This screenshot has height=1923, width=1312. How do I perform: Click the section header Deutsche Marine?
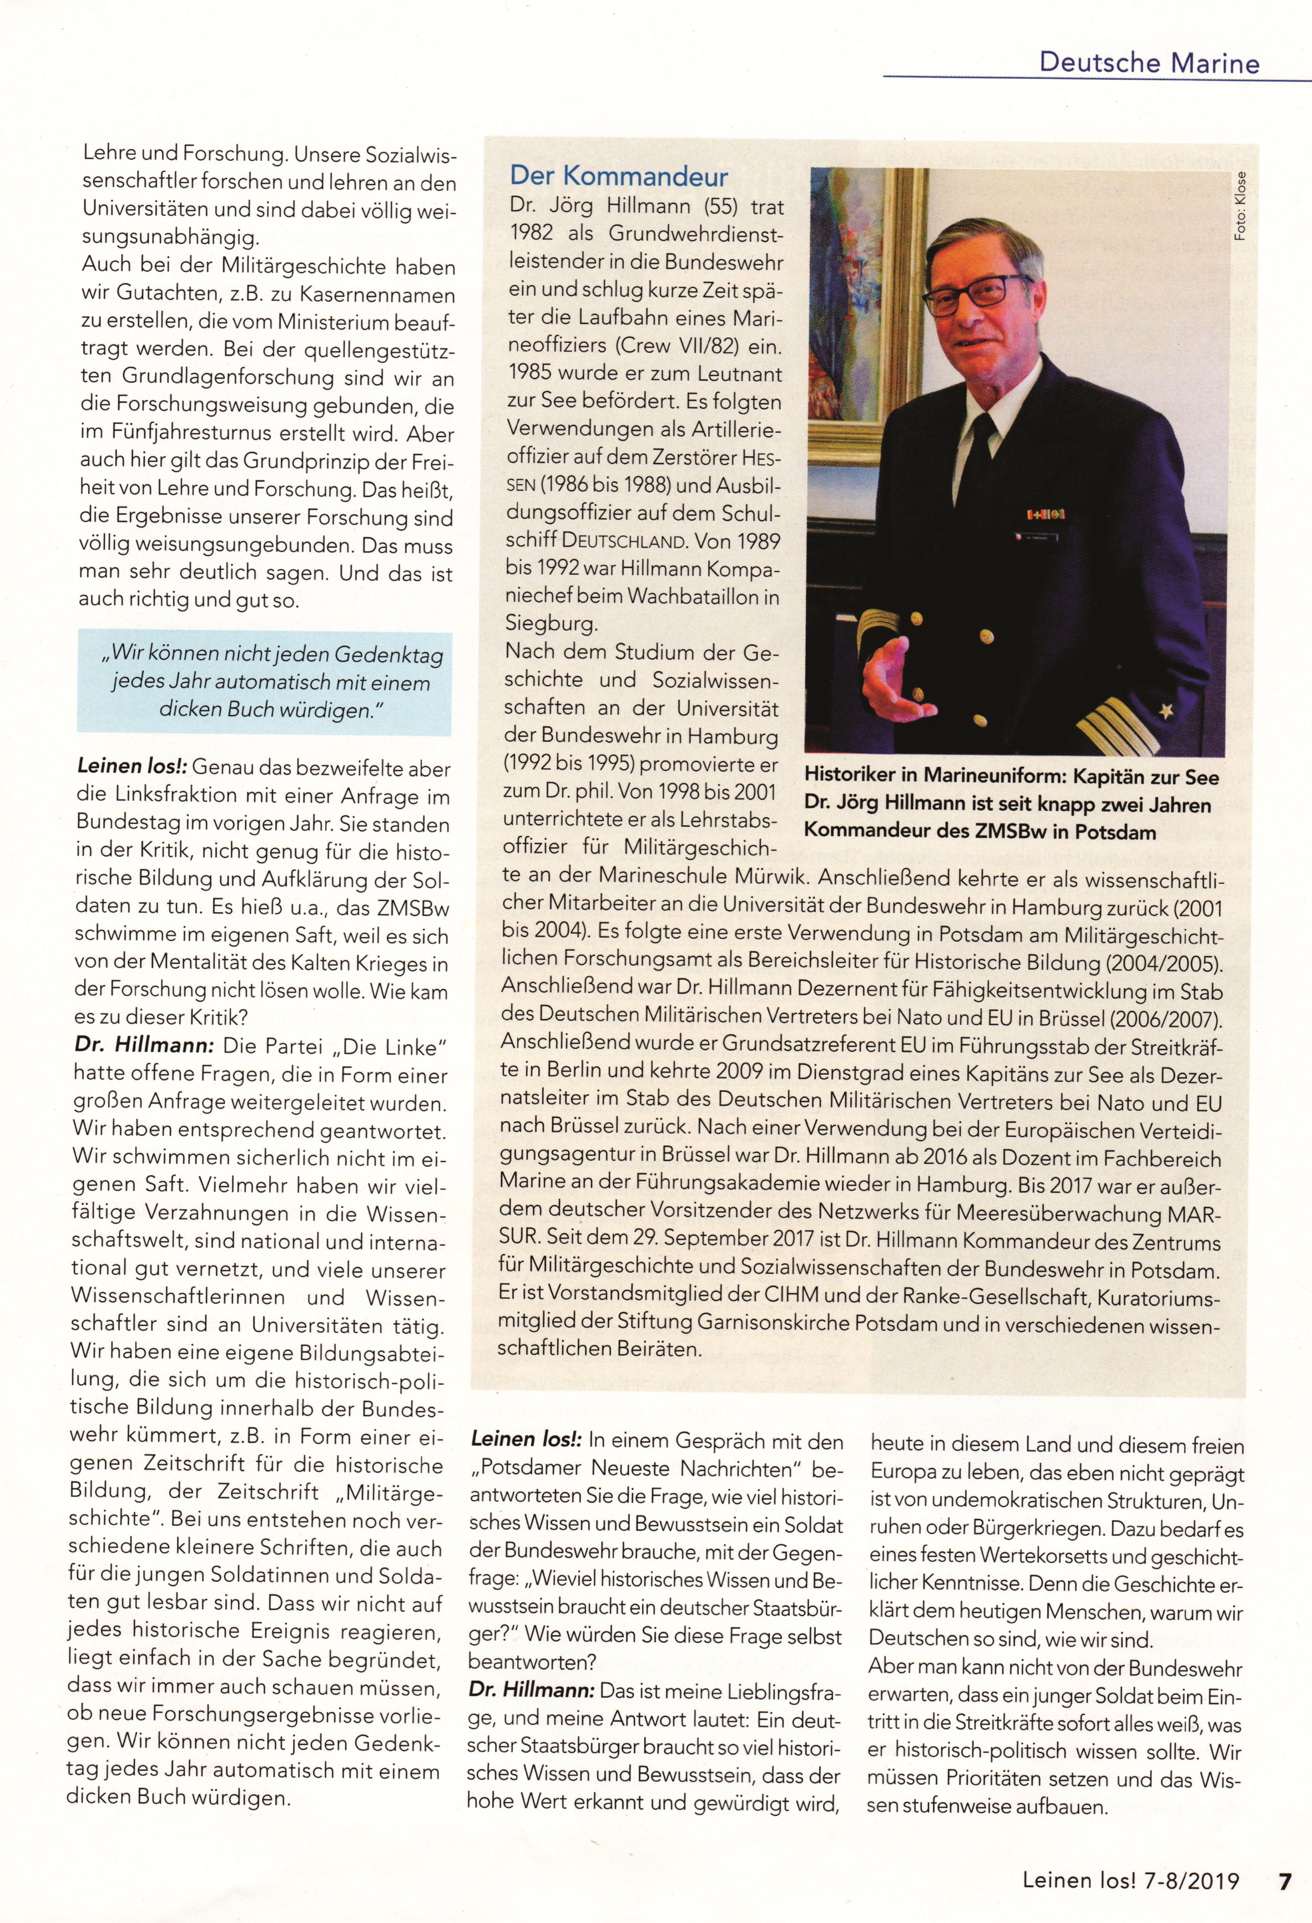(1149, 63)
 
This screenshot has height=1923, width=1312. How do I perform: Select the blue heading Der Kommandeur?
(618, 176)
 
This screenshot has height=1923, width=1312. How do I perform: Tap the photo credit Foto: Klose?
(1239, 207)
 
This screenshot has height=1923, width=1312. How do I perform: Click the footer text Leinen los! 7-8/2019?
(1131, 1881)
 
